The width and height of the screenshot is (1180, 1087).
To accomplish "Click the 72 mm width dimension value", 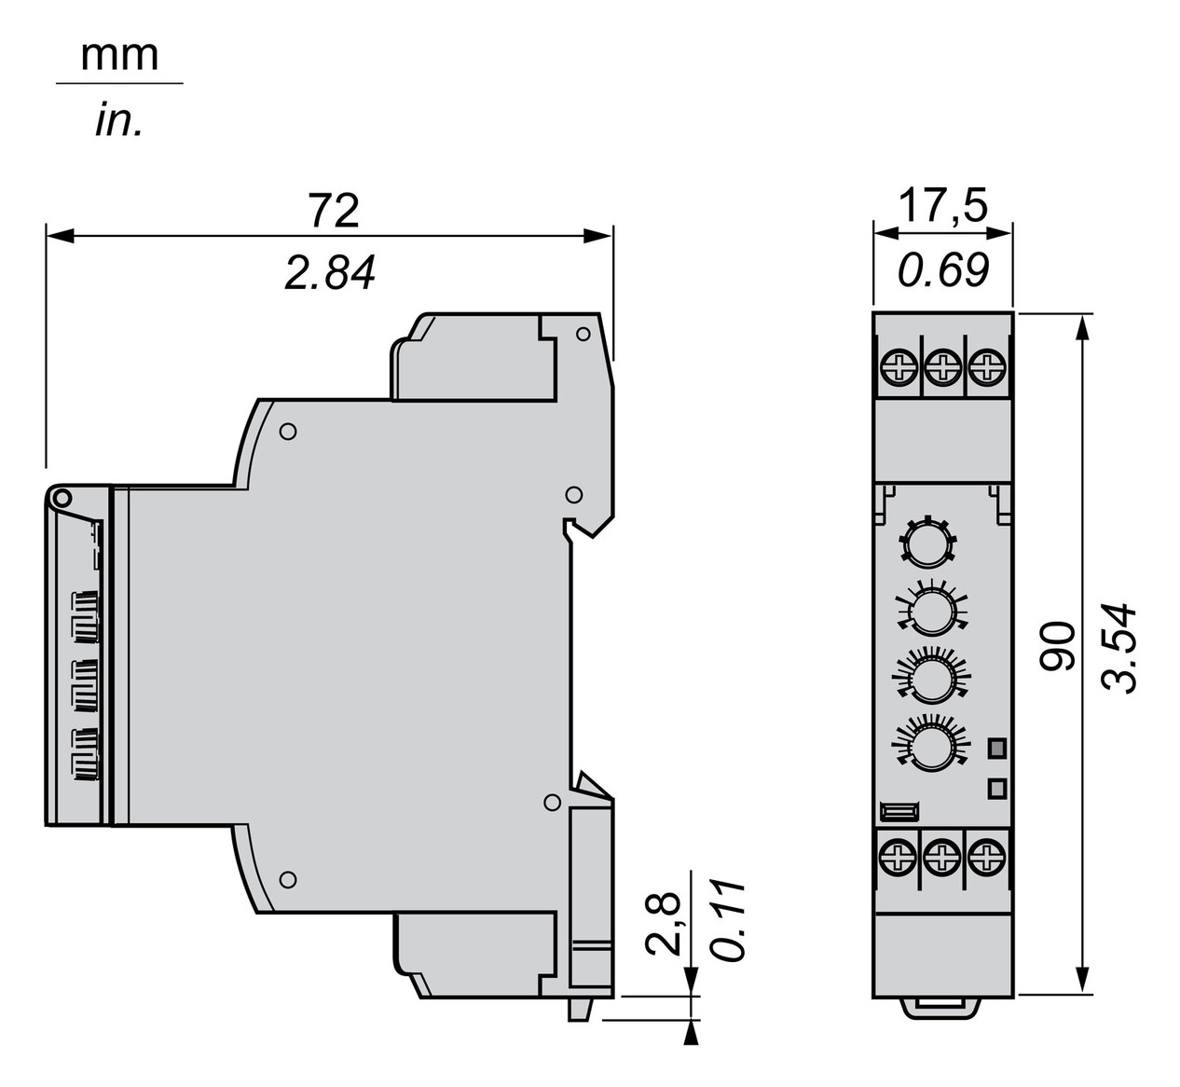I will [x=333, y=212].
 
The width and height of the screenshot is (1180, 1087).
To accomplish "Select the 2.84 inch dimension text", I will [x=330, y=274].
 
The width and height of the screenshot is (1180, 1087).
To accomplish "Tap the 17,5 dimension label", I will [x=941, y=207].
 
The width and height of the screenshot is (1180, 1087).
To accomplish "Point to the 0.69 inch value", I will [x=941, y=269].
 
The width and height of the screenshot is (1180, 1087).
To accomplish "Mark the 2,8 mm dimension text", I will [x=663, y=924].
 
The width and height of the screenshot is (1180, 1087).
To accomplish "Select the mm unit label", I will [x=119, y=56].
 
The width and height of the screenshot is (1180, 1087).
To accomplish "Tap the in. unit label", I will [x=119, y=121].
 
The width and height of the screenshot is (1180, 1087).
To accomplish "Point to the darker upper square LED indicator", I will [x=997, y=747].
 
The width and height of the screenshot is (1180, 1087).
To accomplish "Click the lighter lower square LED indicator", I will [x=997, y=788].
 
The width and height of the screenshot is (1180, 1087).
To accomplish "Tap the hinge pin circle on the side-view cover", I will [x=62, y=499].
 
